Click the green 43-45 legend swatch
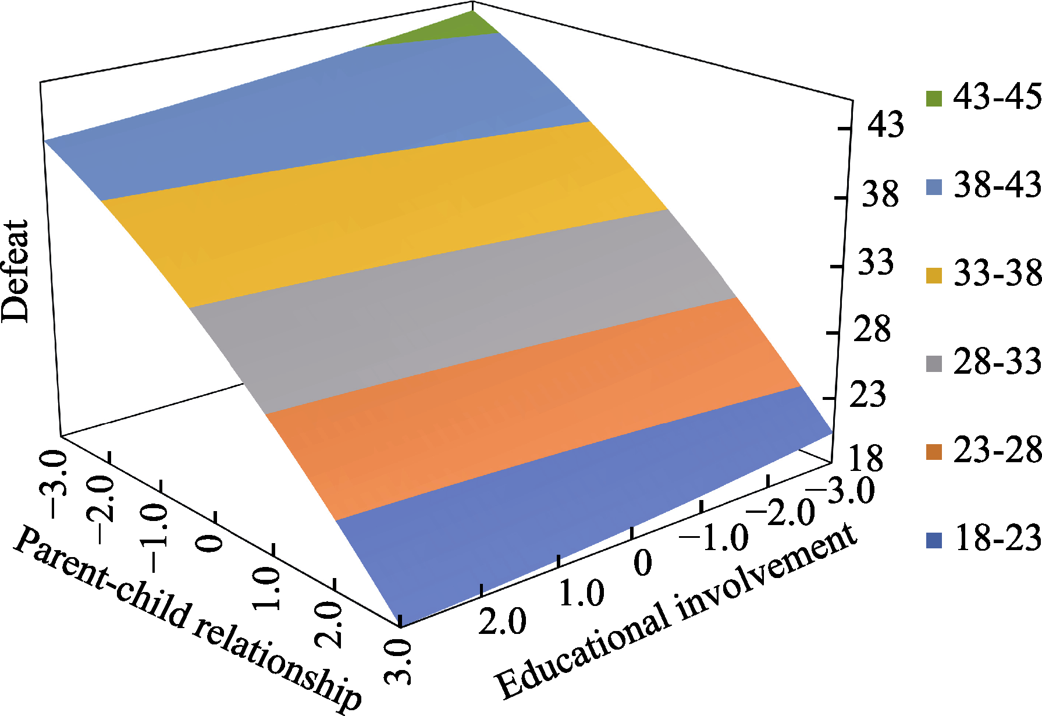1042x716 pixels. coord(934,98)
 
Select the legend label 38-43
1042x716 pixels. coord(997,185)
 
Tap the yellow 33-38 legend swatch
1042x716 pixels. coord(934,275)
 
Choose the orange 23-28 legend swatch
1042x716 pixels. coord(934,452)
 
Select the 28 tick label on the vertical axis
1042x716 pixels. coord(872,329)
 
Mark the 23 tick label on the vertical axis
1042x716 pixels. coord(867,395)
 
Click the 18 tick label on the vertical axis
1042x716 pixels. coord(865,458)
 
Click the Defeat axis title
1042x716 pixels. coord(15,271)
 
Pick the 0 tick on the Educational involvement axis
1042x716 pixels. coord(642,562)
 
